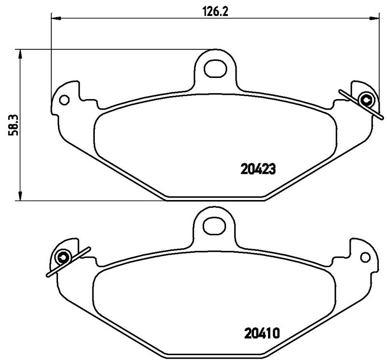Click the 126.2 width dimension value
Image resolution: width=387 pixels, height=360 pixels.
(215, 11)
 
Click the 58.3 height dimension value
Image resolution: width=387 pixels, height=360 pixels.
(13, 125)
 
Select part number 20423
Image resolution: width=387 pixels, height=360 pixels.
(258, 170)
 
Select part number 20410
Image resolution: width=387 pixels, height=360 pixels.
(262, 333)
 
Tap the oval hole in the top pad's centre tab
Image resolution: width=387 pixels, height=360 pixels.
(215, 69)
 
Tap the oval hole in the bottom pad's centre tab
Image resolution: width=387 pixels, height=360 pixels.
(214, 226)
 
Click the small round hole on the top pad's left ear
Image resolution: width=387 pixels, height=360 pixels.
(64, 100)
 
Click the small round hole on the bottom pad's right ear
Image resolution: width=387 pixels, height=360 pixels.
(365, 257)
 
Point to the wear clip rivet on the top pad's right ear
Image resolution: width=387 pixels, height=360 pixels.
(366, 100)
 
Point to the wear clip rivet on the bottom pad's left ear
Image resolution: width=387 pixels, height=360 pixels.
(63, 258)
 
